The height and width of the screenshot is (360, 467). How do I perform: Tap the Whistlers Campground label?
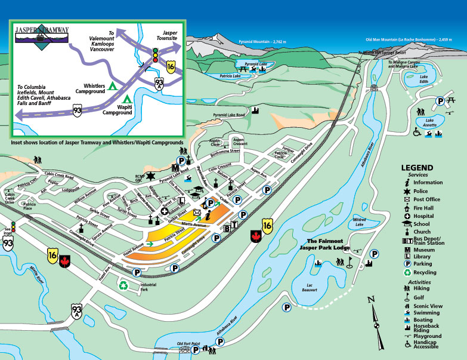(90, 88)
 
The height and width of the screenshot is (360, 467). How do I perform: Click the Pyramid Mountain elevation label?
(263, 42)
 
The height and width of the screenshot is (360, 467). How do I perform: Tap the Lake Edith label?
(424, 79)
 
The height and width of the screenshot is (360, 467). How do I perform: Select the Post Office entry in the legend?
(426, 199)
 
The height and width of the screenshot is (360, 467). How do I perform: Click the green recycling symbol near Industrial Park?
(123, 286)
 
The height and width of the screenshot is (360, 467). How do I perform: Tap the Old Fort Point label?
(188, 343)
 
